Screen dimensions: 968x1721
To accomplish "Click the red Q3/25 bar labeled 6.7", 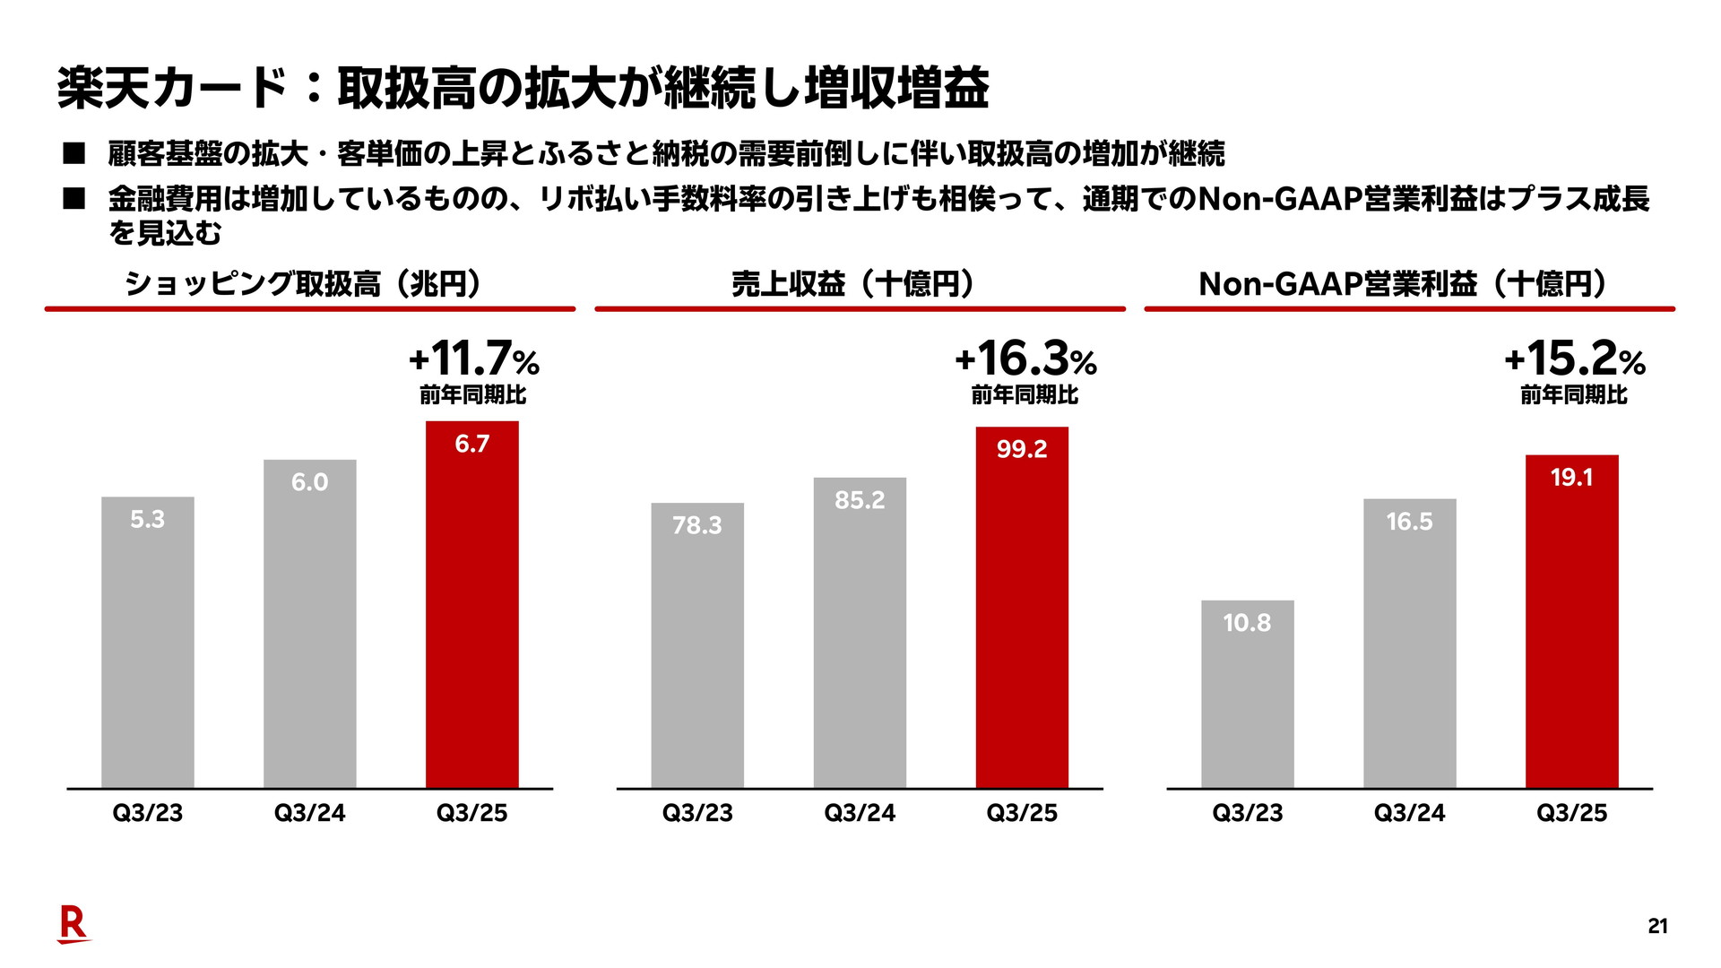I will (x=471, y=605).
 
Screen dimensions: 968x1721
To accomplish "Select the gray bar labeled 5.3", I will (x=148, y=643).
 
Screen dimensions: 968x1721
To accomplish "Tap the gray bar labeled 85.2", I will (x=860, y=633).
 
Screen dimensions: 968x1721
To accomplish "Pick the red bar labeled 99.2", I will (x=1022, y=608).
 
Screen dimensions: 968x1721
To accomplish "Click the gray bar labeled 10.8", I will (x=1247, y=695).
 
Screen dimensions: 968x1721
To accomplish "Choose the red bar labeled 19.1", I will (x=1571, y=622).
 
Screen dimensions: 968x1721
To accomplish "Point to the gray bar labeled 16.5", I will (x=1409, y=644).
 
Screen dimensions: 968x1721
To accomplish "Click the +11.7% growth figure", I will (x=473, y=359).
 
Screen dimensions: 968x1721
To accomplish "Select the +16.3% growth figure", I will (x=1025, y=359).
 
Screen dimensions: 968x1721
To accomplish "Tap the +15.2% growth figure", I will (x=1575, y=359).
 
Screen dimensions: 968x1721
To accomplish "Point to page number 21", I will (x=1657, y=927).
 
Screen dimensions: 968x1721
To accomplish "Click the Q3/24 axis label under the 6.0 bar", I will (x=309, y=813).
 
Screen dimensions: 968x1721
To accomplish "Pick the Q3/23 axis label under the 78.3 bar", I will (x=697, y=813).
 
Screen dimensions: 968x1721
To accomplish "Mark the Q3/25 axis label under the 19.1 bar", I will (x=1571, y=813).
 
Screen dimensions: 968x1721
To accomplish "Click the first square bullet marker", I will (x=74, y=154).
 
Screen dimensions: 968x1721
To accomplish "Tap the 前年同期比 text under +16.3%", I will (x=1025, y=394).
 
